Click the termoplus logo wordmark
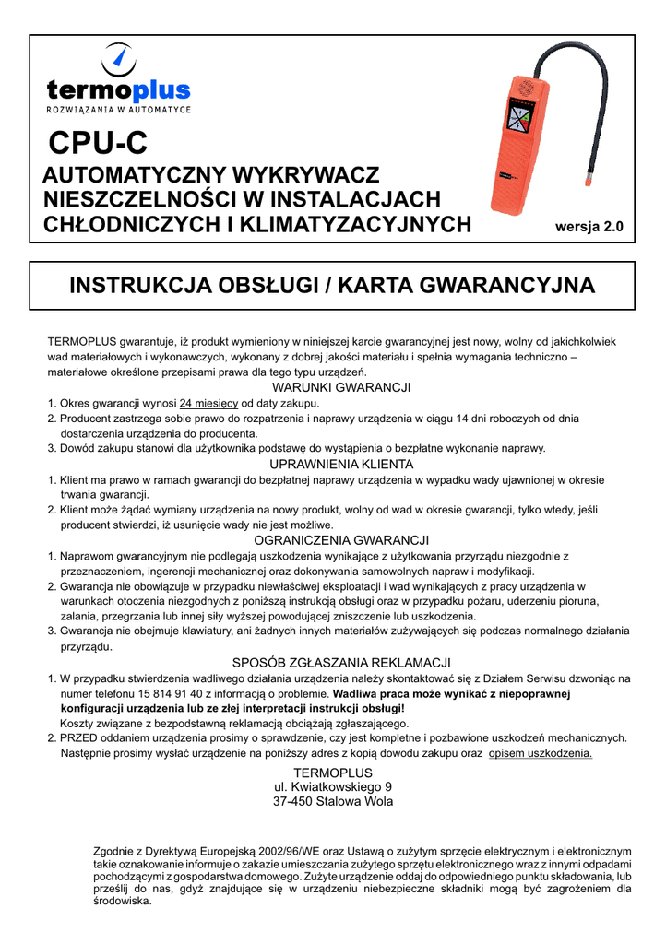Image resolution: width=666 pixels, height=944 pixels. coord(118,89)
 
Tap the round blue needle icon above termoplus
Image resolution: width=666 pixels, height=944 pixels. coord(118,59)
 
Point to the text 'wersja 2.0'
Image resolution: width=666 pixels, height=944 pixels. coord(589,225)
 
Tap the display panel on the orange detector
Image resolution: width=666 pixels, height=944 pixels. coord(518,123)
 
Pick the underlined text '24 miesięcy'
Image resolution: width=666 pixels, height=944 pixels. coord(209,403)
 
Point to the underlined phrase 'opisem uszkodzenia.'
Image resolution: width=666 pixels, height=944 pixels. coord(540,753)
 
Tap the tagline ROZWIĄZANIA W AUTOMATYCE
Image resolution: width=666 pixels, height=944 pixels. coord(119,110)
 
